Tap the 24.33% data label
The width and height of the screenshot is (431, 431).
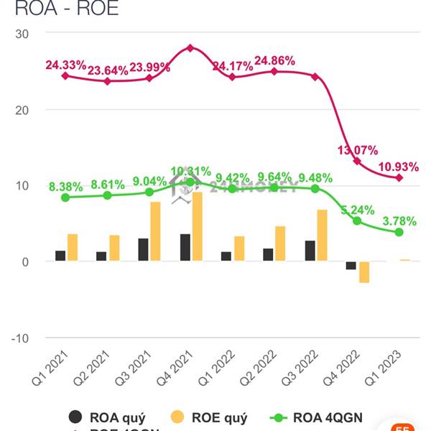coord(65,65)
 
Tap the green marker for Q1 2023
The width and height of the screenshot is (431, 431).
coord(399,232)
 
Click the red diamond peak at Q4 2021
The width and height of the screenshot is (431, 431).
coord(190,48)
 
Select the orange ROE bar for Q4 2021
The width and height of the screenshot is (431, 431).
coord(198,227)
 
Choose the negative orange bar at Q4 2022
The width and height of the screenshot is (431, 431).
coord(364,272)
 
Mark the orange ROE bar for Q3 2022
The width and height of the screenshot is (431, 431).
coord(322,236)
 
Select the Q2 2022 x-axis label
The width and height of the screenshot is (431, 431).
coord(261,369)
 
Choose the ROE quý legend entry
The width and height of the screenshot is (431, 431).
coord(212,417)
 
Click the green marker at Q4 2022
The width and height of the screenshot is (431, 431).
coord(357,221)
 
